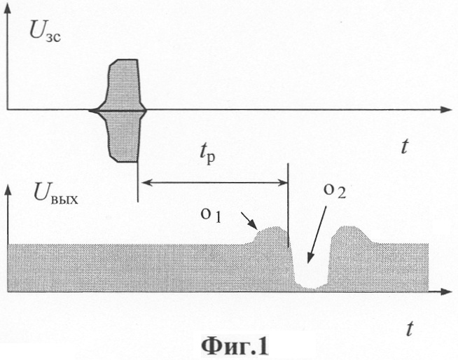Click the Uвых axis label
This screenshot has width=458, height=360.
click(x=55, y=194)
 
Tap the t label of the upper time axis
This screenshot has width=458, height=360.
click(x=404, y=146)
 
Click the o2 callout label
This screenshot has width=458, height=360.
click(x=335, y=191)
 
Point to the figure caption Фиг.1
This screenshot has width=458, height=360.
click(x=235, y=346)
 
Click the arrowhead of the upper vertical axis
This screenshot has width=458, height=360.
click(x=7, y=8)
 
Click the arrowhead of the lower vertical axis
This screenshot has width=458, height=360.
click(x=8, y=189)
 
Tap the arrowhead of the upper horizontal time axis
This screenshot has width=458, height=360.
click(x=446, y=109)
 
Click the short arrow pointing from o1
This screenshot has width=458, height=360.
click(x=249, y=221)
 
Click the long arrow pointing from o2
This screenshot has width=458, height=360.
click(x=317, y=235)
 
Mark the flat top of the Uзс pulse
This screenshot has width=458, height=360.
click(x=127, y=60)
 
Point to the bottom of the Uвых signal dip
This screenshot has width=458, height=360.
click(x=311, y=288)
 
